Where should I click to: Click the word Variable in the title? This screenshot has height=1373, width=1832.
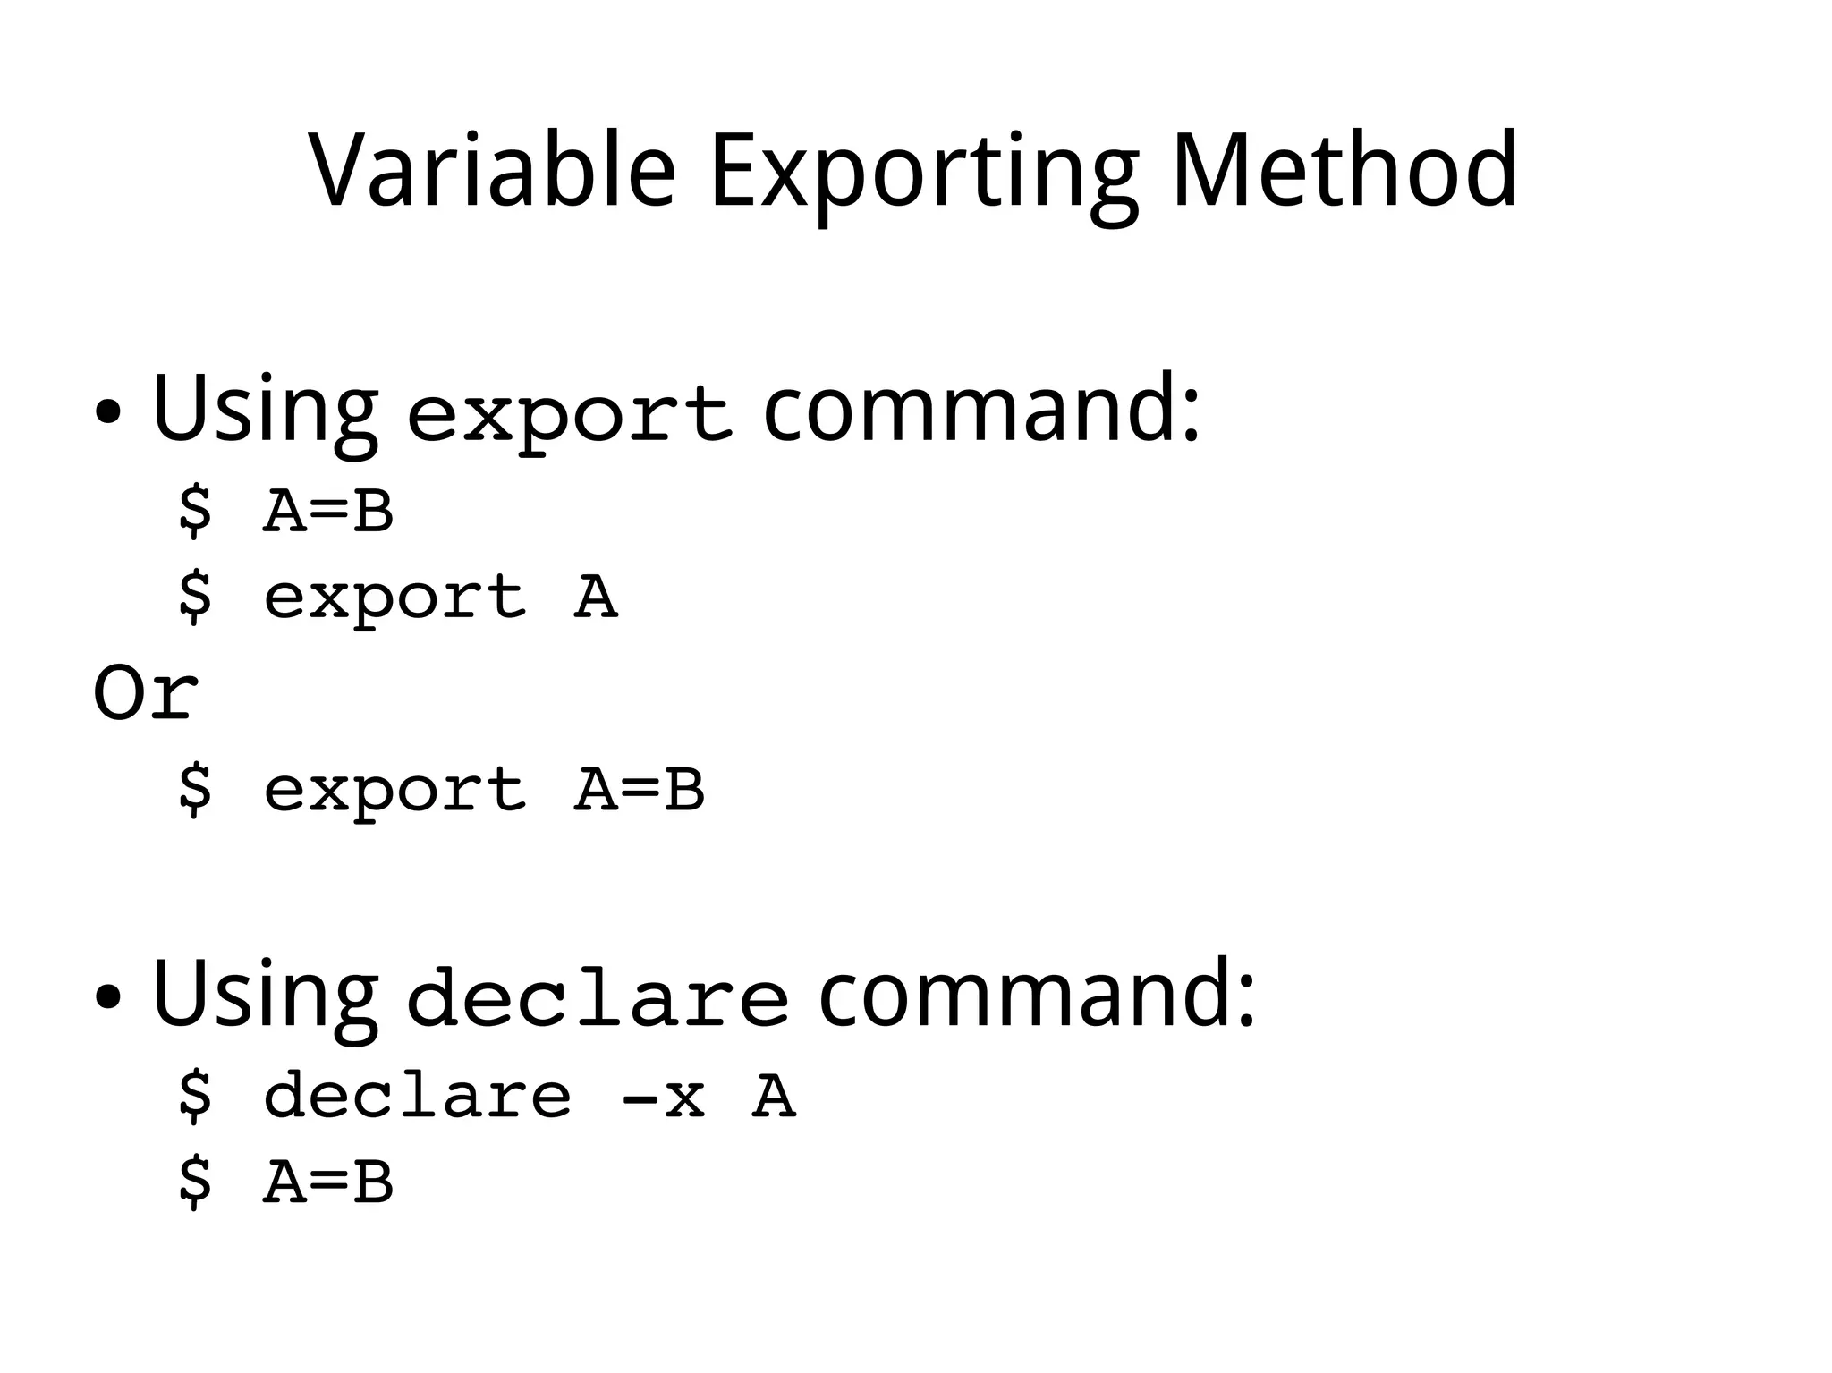(x=491, y=170)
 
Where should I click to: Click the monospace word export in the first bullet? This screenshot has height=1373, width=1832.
(x=569, y=416)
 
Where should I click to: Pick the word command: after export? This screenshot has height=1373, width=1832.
(x=980, y=408)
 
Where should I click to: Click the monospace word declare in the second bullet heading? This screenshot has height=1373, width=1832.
(x=597, y=999)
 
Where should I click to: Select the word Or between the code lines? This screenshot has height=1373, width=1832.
(x=146, y=693)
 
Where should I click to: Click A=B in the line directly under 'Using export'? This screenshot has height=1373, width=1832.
(x=328, y=512)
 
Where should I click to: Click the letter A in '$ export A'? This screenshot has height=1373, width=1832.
(x=595, y=597)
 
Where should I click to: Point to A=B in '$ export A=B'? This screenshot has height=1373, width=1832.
(x=639, y=790)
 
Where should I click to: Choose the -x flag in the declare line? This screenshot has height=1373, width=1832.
(x=663, y=1098)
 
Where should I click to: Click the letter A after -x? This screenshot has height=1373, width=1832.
(x=773, y=1098)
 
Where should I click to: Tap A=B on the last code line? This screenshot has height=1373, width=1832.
(x=328, y=1182)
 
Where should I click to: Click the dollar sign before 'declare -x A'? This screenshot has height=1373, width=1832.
(x=195, y=1098)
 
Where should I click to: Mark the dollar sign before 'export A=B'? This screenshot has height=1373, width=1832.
(x=195, y=790)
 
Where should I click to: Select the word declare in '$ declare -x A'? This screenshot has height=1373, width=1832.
(x=417, y=1098)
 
